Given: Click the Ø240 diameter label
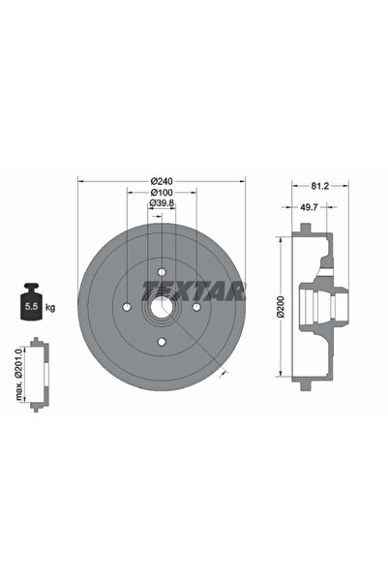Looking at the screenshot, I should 162,181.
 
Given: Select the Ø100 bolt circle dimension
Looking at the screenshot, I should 162,192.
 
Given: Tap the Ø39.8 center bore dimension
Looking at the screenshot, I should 162,203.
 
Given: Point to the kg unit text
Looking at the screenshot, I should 49,307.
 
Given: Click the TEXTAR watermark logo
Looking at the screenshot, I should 194,289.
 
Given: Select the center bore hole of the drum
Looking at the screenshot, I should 162,308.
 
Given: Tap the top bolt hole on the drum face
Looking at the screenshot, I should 162,272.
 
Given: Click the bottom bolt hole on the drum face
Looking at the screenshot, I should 162,343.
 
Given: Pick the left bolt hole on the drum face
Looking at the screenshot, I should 127,308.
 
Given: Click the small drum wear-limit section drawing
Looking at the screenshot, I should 37,374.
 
